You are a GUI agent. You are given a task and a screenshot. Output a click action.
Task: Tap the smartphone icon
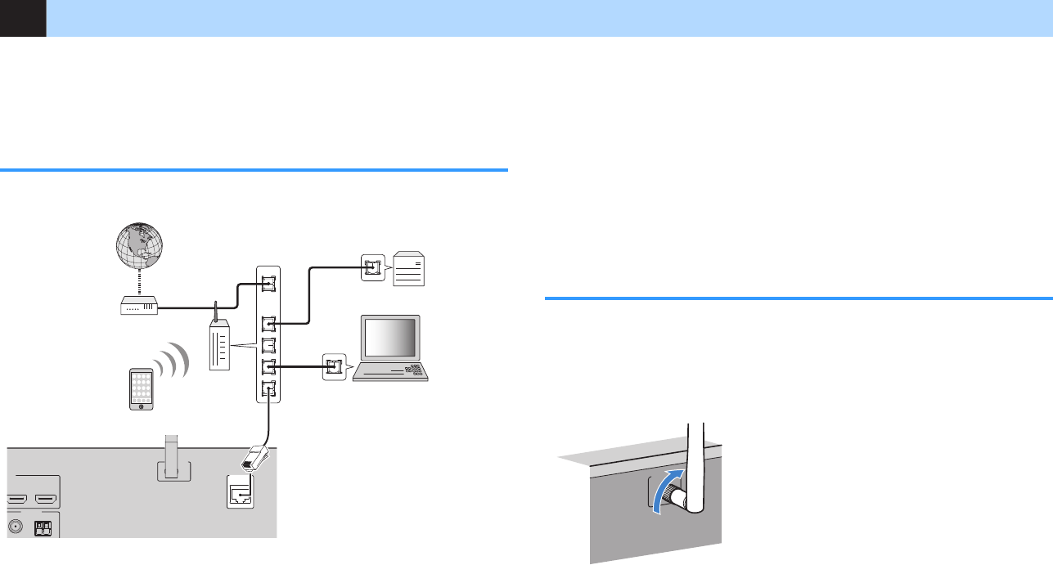coord(142,389)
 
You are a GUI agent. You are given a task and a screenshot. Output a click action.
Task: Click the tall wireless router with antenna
coord(219,348)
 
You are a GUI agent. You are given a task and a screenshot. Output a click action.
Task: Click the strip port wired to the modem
coord(268,284)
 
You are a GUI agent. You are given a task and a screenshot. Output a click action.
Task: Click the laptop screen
coord(392,337)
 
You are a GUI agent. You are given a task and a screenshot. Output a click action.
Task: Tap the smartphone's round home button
coord(142,406)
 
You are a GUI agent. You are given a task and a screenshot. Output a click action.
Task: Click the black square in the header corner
coord(23,18)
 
